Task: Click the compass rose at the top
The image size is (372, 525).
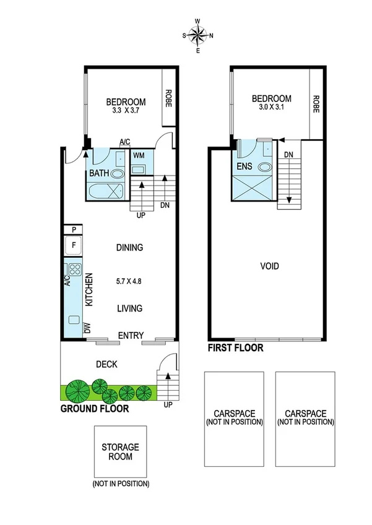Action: point(198,36)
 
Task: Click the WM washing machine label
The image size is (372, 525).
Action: point(139,154)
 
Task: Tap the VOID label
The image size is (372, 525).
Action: point(270,267)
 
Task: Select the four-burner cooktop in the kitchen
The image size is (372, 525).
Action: point(75,270)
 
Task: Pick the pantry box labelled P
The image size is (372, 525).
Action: point(74,230)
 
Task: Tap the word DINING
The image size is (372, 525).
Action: point(129,248)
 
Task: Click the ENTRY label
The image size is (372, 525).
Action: point(131,336)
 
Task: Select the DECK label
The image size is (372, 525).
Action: point(108,365)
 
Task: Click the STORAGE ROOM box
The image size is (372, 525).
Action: point(121,451)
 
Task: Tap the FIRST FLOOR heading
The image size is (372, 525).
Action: point(235,348)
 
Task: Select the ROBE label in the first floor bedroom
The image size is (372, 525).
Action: point(316,103)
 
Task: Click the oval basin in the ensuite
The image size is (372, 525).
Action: point(264,166)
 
